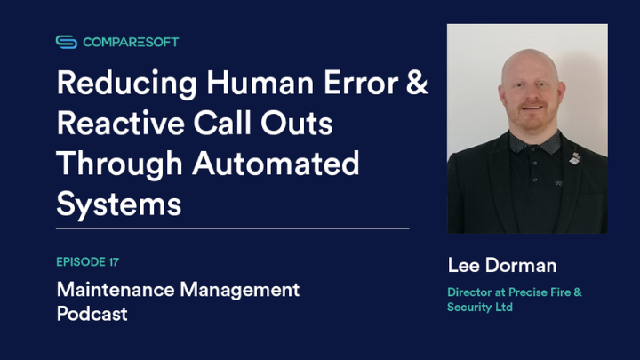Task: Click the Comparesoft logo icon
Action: (x=67, y=42)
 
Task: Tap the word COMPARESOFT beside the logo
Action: (x=131, y=42)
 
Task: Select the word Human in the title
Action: (x=258, y=84)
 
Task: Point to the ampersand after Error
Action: (x=416, y=84)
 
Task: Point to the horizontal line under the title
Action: (x=232, y=228)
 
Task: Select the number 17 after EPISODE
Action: (x=112, y=261)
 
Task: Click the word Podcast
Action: (x=92, y=314)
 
